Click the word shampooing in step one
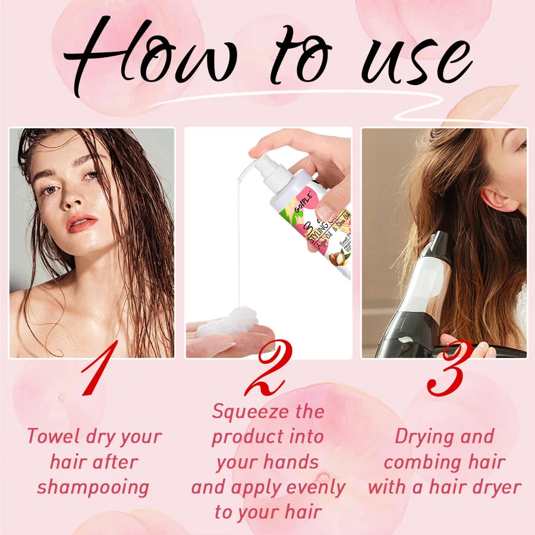tap(93, 487)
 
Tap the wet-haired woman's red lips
tap(82, 223)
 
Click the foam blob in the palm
tap(229, 322)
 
